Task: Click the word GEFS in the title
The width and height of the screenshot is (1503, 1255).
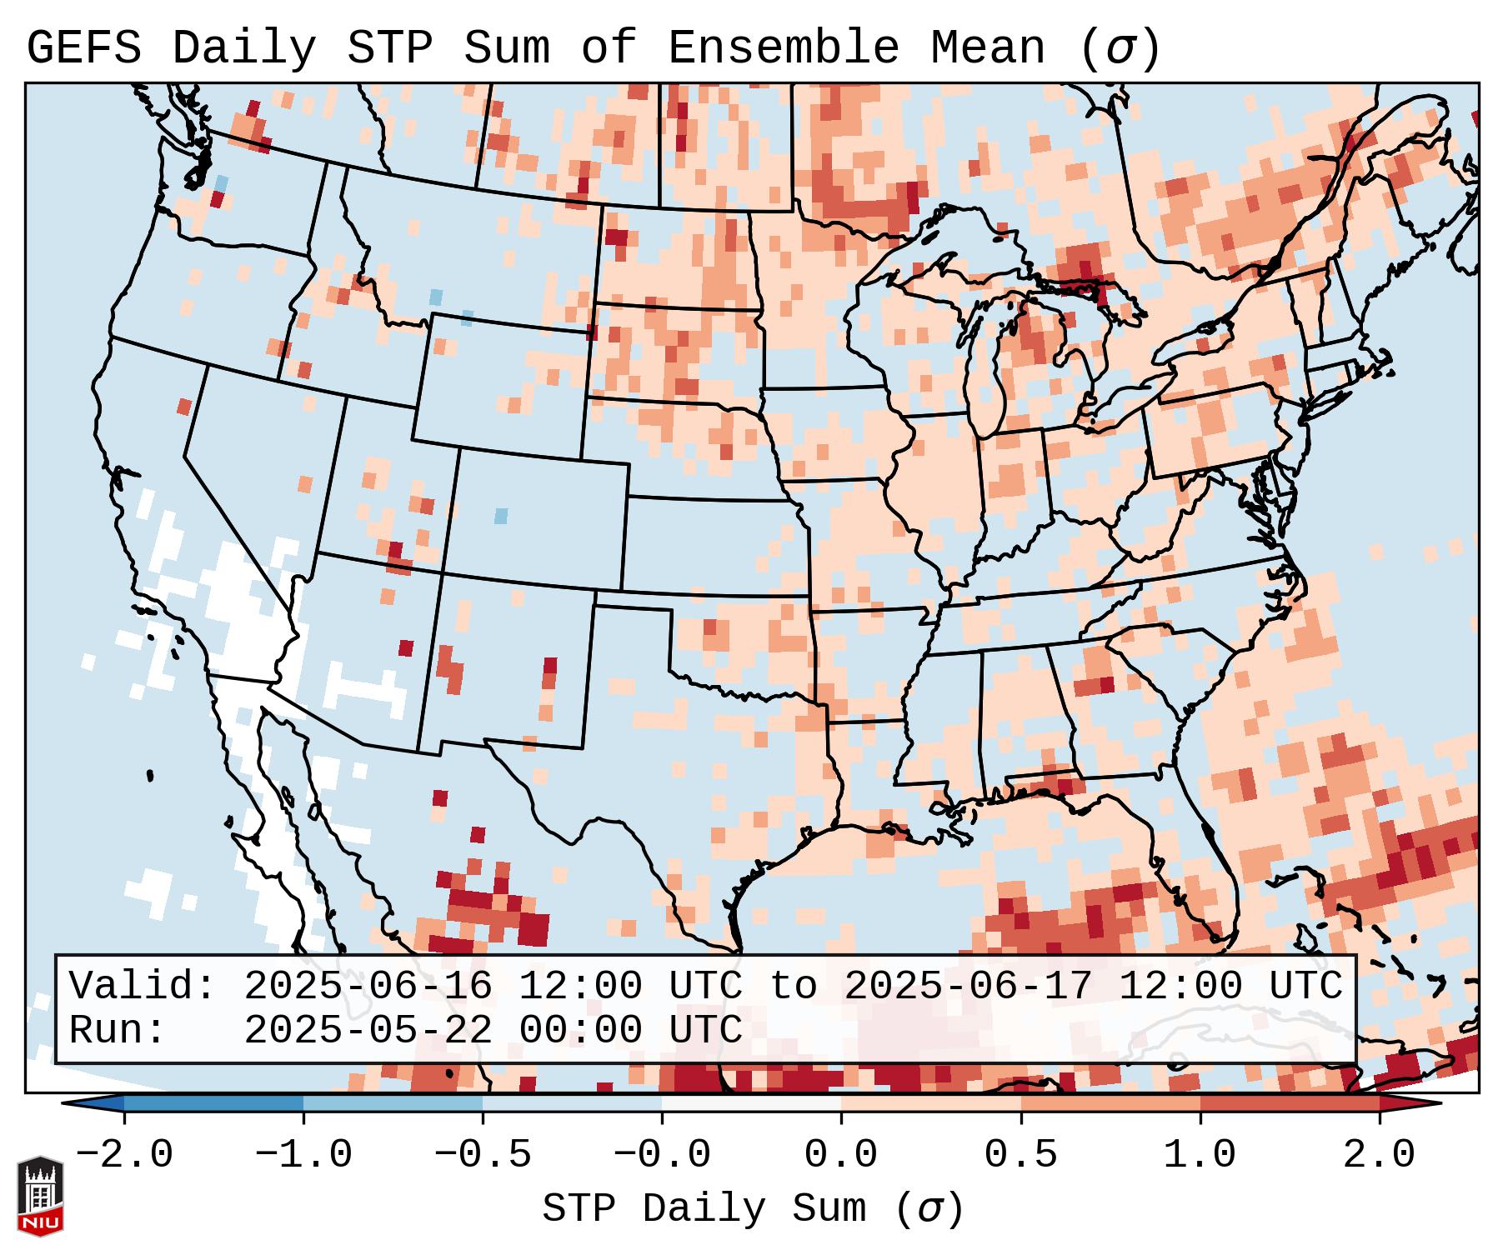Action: (x=83, y=48)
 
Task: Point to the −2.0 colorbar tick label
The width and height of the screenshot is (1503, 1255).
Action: (x=124, y=1155)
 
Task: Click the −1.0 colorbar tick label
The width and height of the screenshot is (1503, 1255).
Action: (x=303, y=1155)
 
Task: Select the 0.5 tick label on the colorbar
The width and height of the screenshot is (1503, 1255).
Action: (x=1020, y=1155)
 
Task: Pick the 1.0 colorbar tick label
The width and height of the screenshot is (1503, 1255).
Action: (x=1200, y=1155)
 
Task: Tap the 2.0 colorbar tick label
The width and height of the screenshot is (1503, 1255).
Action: (x=1379, y=1155)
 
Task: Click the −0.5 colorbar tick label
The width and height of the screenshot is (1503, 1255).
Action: (x=483, y=1155)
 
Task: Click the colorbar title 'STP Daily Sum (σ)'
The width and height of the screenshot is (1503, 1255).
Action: (x=753, y=1209)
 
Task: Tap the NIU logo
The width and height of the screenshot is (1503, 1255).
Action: (x=40, y=1196)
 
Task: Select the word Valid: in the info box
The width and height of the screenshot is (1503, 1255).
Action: (x=143, y=986)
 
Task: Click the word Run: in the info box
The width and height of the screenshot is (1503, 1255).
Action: (x=118, y=1030)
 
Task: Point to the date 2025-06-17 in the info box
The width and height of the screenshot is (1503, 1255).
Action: (x=968, y=986)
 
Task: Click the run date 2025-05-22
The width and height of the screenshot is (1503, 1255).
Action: (x=368, y=1030)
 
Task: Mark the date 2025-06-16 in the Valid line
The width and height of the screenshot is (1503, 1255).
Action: (x=368, y=986)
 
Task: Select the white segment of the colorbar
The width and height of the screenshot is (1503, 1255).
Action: (x=751, y=1102)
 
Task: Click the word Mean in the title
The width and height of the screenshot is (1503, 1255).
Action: (x=987, y=48)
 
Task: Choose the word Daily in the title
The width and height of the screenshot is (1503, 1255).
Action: (x=244, y=48)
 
